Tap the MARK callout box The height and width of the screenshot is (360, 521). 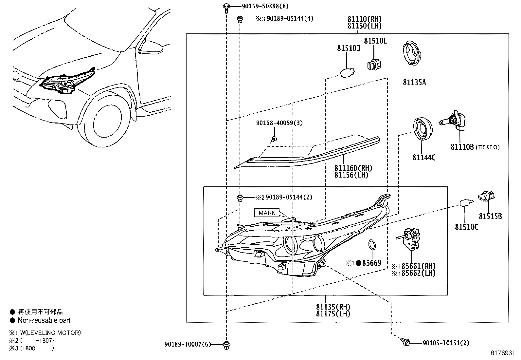point(267,213)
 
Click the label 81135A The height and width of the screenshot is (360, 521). point(414,82)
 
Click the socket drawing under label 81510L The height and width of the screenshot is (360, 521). point(374,64)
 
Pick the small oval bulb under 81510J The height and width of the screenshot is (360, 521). point(346,73)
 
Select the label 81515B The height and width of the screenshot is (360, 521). point(490,217)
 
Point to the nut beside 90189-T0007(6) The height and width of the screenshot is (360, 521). point(226,344)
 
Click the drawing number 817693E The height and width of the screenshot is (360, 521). point(503,353)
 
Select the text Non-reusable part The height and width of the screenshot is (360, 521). point(44,320)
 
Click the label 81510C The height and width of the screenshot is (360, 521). point(466,226)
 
